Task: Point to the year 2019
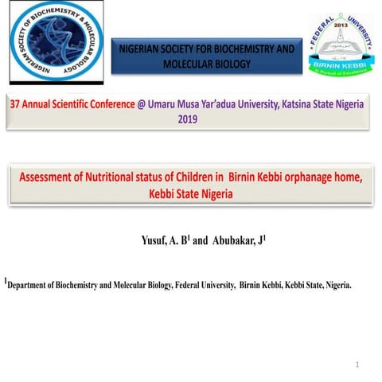pos(186,118)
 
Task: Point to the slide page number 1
pos(358,364)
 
